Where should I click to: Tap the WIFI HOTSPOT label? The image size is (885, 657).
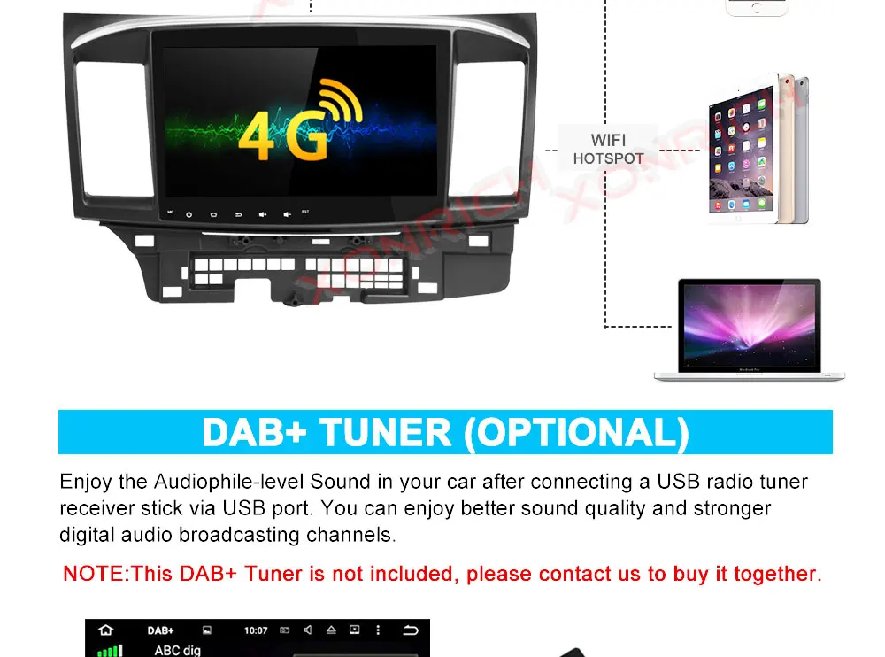pyautogui.click(x=608, y=149)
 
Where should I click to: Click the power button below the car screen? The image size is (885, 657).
pyautogui.click(x=189, y=213)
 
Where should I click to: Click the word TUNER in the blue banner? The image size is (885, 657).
pyautogui.click(x=385, y=433)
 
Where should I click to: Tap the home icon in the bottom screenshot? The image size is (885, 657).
pyautogui.click(x=106, y=630)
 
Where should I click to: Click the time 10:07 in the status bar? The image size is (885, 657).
pyautogui.click(x=255, y=630)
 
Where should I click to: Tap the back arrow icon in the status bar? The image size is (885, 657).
pyautogui.click(x=411, y=630)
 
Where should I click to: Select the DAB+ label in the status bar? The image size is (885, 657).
pyautogui.click(x=160, y=630)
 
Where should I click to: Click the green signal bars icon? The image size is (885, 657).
pyautogui.click(x=109, y=651)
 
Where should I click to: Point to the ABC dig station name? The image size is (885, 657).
pyautogui.click(x=178, y=651)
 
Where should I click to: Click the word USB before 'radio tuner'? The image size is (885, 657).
pyautogui.click(x=676, y=483)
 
